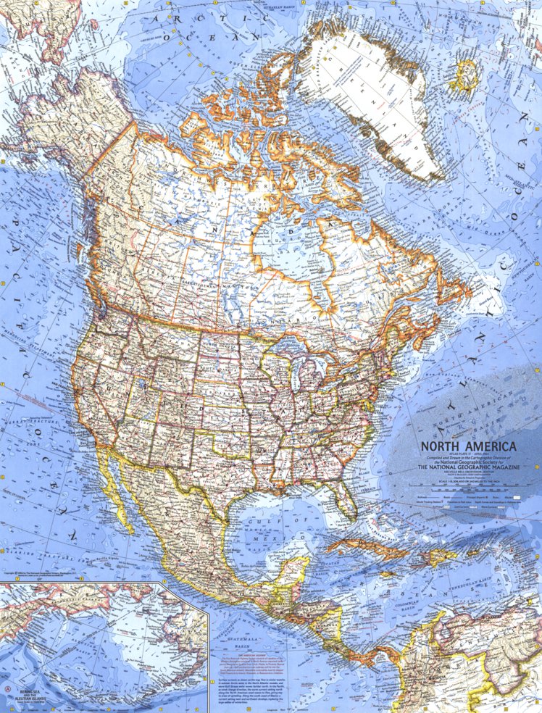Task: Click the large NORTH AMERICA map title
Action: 464,447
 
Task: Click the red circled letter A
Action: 8,685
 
